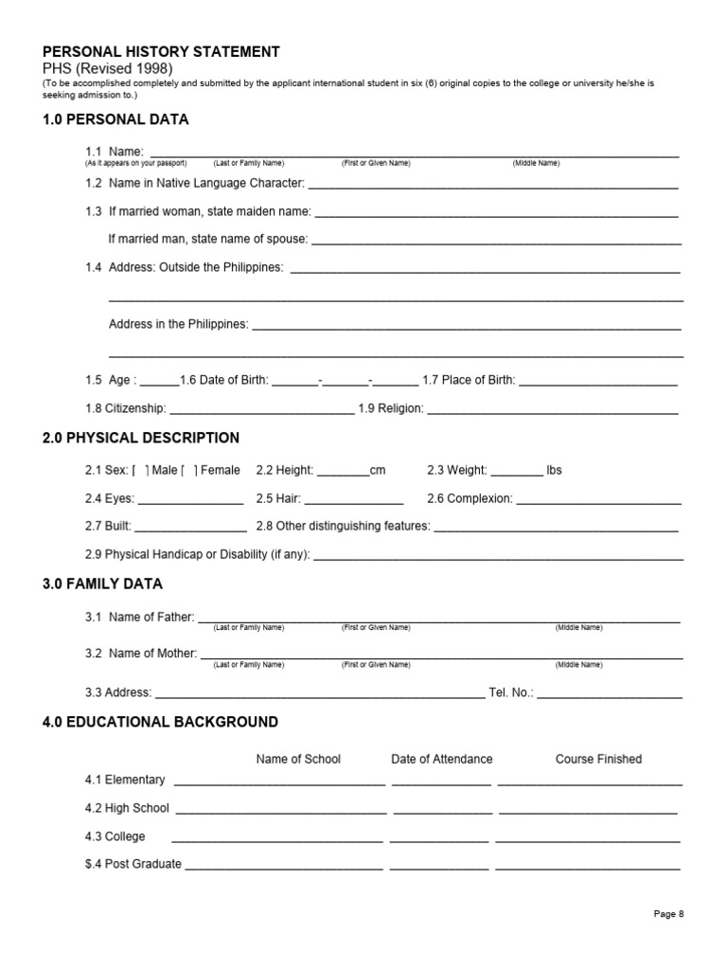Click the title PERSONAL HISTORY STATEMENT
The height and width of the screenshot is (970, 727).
pyautogui.click(x=161, y=52)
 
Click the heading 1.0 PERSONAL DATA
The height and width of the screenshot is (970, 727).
pyautogui.click(x=115, y=119)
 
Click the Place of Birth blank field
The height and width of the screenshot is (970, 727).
pyautogui.click(x=598, y=382)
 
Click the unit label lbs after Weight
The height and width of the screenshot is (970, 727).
pyautogui.click(x=554, y=470)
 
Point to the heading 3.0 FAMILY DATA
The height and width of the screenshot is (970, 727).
pyautogui.click(x=102, y=584)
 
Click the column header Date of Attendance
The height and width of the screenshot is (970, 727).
pyautogui.click(x=442, y=759)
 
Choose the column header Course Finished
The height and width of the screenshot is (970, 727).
pyautogui.click(x=598, y=759)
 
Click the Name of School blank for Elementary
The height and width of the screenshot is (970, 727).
pyautogui.click(x=279, y=782)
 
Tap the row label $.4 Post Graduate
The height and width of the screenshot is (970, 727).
pyautogui.click(x=133, y=864)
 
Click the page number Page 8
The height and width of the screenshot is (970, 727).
pyautogui.click(x=668, y=914)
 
